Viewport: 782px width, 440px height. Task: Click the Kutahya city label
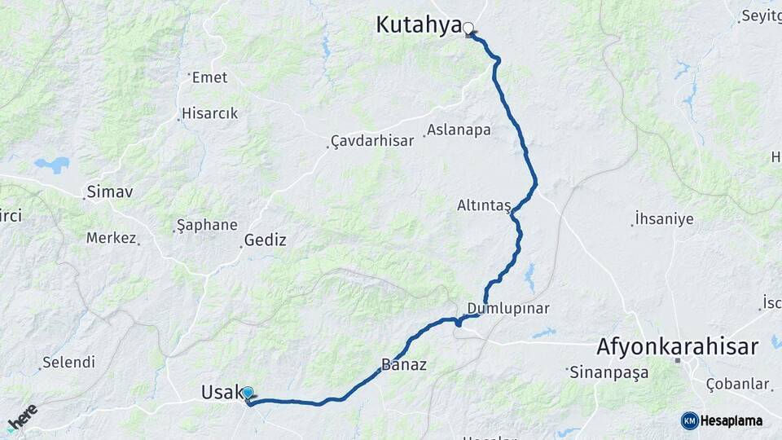(x=419, y=25)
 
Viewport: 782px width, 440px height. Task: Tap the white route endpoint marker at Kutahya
(x=468, y=29)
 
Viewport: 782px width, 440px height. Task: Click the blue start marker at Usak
(x=248, y=393)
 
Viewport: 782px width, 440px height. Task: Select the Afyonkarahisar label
(x=678, y=345)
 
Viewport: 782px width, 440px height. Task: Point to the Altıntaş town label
(x=483, y=206)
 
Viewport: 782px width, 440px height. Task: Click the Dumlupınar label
(x=508, y=309)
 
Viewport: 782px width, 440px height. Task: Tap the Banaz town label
(x=403, y=364)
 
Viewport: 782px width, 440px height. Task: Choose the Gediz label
(x=266, y=240)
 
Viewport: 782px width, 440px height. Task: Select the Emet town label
(x=209, y=77)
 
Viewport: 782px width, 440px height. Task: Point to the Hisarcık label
(x=210, y=113)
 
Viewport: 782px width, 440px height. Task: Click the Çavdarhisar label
(x=373, y=141)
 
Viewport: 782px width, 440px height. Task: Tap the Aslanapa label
(x=459, y=130)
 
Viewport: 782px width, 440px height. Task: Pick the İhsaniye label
(x=664, y=218)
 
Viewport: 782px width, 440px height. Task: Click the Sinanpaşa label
(x=609, y=372)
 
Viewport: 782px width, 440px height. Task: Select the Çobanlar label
(x=737, y=384)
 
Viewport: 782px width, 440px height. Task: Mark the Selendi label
(x=68, y=362)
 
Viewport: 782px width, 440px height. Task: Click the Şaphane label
(x=207, y=225)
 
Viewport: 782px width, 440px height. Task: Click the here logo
(x=22, y=418)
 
